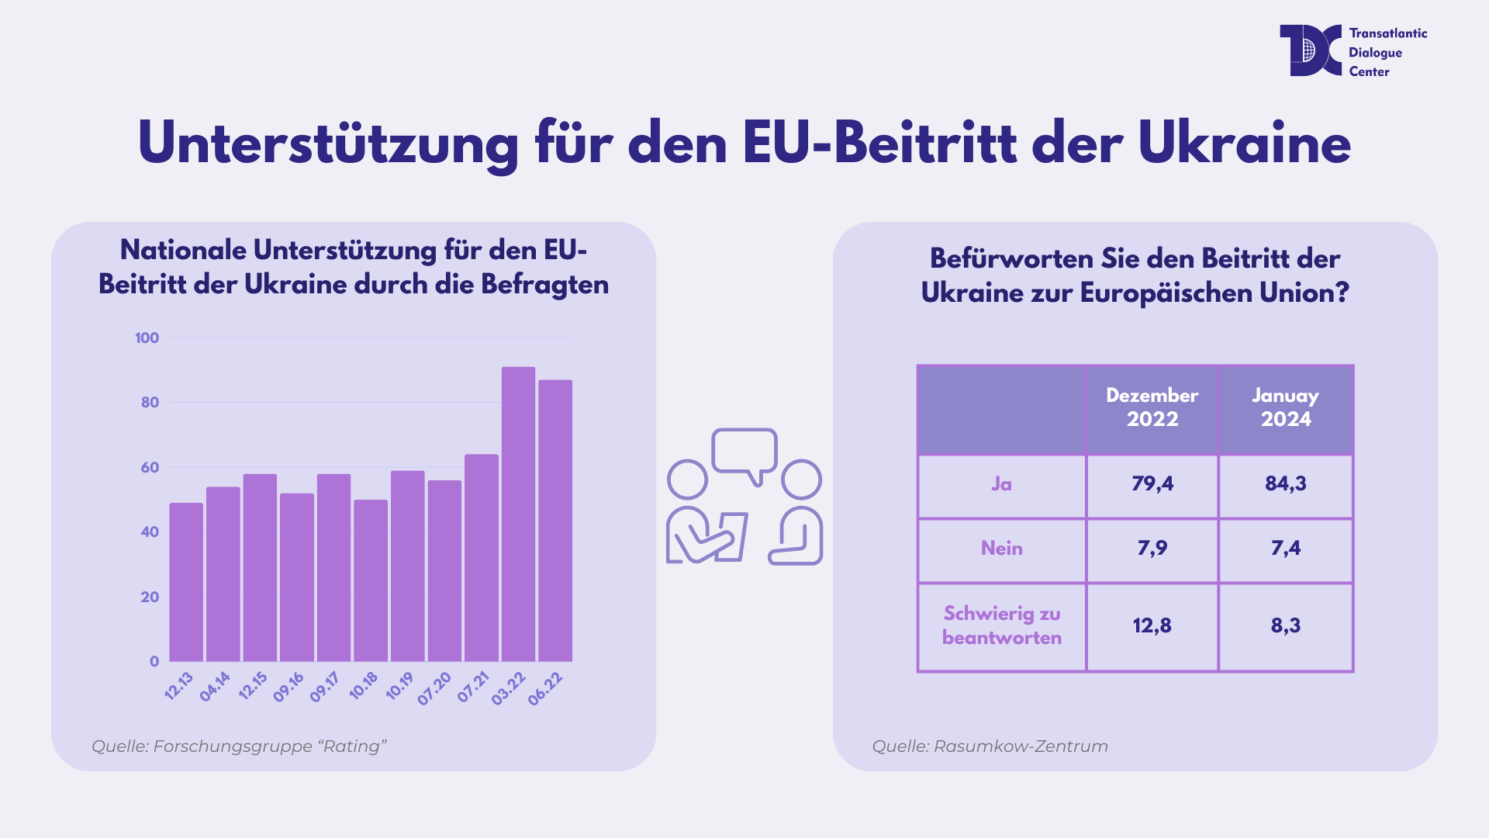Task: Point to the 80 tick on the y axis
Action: coord(150,402)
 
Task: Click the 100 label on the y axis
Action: coord(147,338)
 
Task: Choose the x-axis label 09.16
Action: coord(288,687)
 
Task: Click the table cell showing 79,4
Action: coord(1152,483)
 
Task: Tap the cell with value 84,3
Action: coord(1286,483)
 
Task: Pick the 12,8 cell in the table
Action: coord(1152,625)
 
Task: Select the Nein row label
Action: coord(1001,549)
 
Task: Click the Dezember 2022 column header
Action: coord(1152,407)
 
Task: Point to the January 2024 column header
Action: coord(1286,407)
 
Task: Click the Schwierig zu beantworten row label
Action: coord(1001,625)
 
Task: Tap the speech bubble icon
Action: coord(744,452)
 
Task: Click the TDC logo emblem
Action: coord(1310,50)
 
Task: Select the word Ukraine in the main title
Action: coord(1244,144)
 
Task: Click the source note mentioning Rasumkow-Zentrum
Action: coord(990,746)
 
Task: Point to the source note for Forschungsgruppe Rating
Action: coord(239,746)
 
